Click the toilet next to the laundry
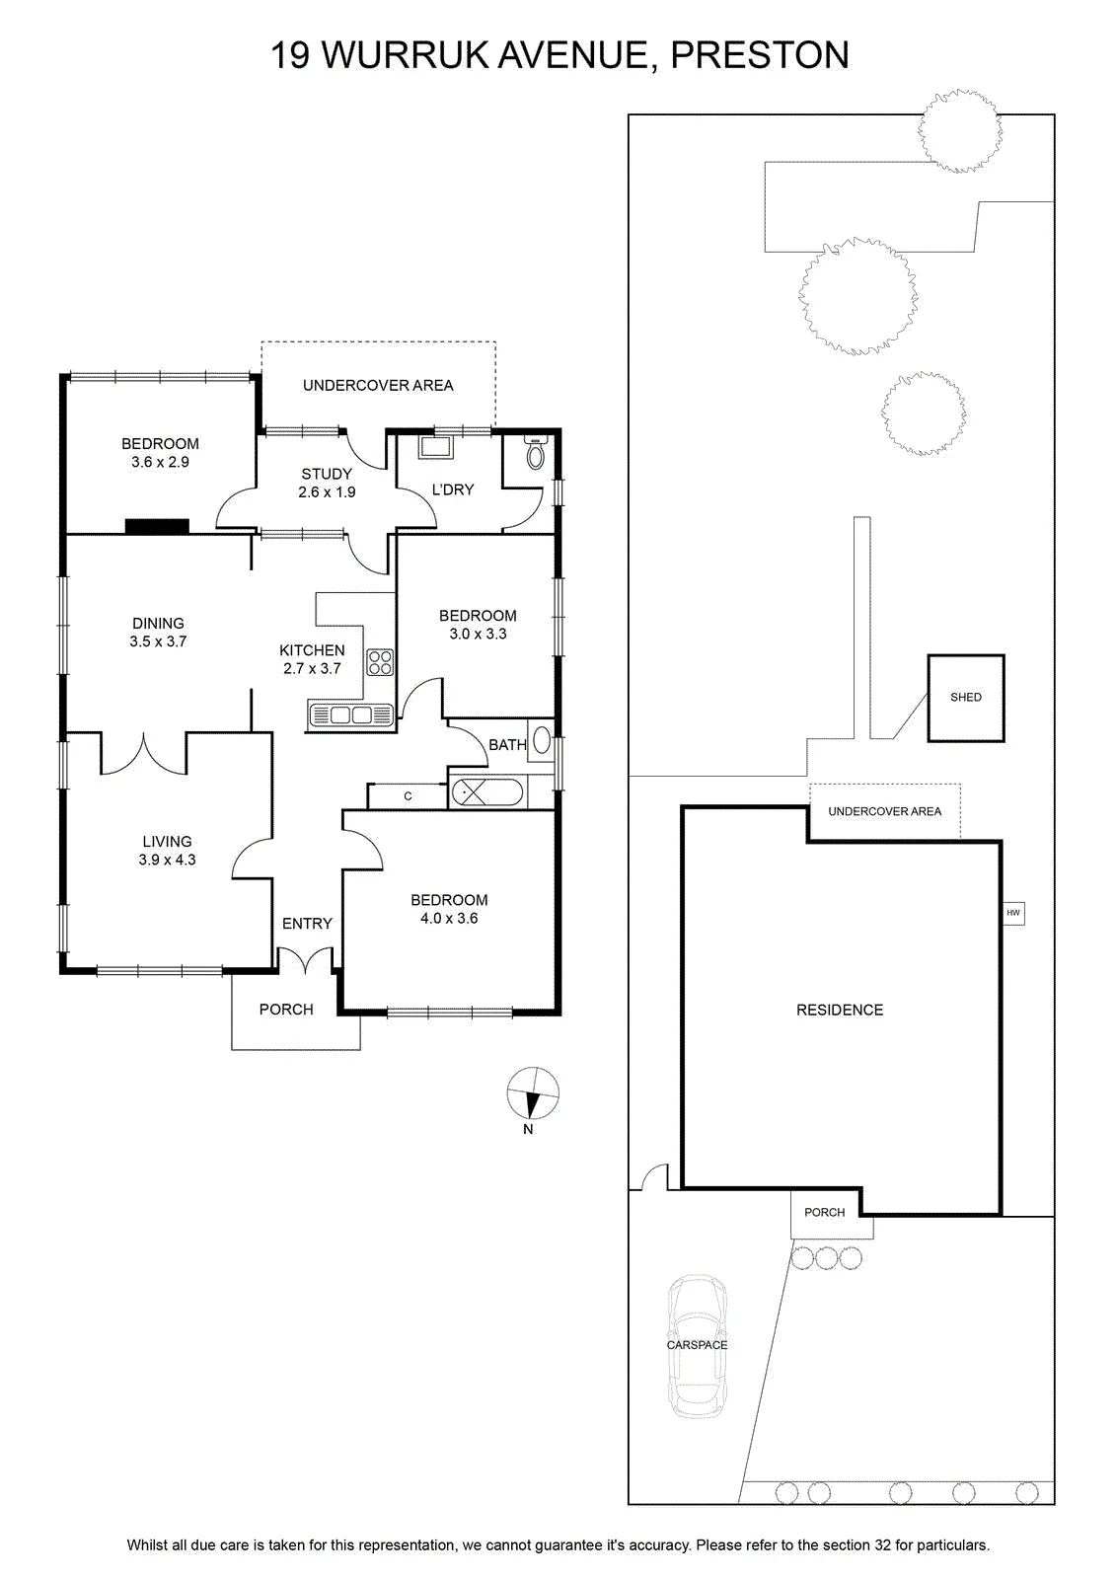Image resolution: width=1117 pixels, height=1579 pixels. click(x=537, y=453)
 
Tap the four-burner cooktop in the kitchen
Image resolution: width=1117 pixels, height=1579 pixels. click(x=380, y=662)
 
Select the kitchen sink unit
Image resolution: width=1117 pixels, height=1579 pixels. click(x=350, y=714)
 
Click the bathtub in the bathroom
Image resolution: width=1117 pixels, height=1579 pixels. click(x=486, y=792)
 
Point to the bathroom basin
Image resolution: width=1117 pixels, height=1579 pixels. click(x=542, y=740)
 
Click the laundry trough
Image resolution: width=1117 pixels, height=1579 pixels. click(x=436, y=448)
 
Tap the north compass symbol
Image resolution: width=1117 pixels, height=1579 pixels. click(x=533, y=1093)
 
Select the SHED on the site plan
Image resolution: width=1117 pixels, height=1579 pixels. click(x=965, y=698)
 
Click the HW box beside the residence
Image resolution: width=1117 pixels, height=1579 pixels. click(x=1012, y=913)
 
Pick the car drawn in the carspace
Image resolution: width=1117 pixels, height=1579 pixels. click(x=697, y=1346)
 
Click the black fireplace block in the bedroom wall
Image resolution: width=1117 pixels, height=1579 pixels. click(x=157, y=526)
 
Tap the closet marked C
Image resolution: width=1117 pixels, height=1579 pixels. click(x=408, y=795)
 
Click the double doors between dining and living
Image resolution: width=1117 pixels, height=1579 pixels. click(x=144, y=754)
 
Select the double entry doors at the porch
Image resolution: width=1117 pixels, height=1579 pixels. click(x=305, y=959)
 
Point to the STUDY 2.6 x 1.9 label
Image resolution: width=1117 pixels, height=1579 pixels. click(x=327, y=483)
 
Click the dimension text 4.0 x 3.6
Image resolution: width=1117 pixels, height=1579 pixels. click(x=449, y=918)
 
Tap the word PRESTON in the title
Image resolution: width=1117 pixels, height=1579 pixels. click(x=760, y=55)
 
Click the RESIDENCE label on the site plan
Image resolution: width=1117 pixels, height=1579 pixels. click(x=840, y=1011)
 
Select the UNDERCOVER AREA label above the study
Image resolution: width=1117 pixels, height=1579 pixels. click(x=378, y=386)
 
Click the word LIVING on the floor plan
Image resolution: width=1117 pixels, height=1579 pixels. click(x=167, y=841)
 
